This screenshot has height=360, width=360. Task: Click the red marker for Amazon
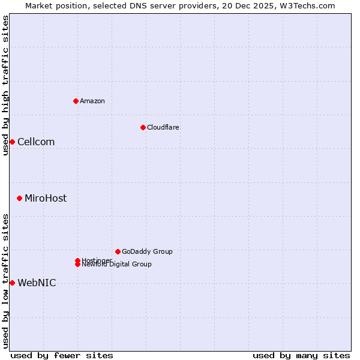pyautogui.click(x=76, y=101)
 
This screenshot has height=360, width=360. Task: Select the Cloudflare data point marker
pyautogui.click(x=143, y=127)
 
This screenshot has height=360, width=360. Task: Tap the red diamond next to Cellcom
pyautogui.click(x=12, y=142)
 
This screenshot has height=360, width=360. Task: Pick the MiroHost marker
pyautogui.click(x=19, y=198)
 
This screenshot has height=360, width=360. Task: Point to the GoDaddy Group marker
pyautogui.click(x=118, y=251)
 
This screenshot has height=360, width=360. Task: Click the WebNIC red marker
pyautogui.click(x=12, y=283)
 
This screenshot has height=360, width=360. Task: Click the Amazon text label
pyautogui.click(x=92, y=101)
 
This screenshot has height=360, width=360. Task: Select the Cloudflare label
pyautogui.click(x=163, y=127)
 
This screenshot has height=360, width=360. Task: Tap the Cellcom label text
pyautogui.click(x=36, y=142)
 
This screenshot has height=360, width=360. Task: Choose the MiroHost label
pyautogui.click(x=46, y=198)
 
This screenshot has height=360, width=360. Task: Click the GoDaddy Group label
pyautogui.click(x=147, y=251)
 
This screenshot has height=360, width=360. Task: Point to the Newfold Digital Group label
pyautogui.click(x=116, y=265)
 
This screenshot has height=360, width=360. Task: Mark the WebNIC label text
pyautogui.click(x=37, y=283)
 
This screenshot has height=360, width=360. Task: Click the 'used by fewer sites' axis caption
pyautogui.click(x=62, y=355)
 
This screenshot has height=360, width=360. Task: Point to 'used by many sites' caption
pyautogui.click(x=301, y=355)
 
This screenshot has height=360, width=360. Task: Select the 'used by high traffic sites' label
pyautogui.click(x=5, y=85)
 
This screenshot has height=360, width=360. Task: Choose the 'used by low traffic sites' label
pyautogui.click(x=5, y=281)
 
